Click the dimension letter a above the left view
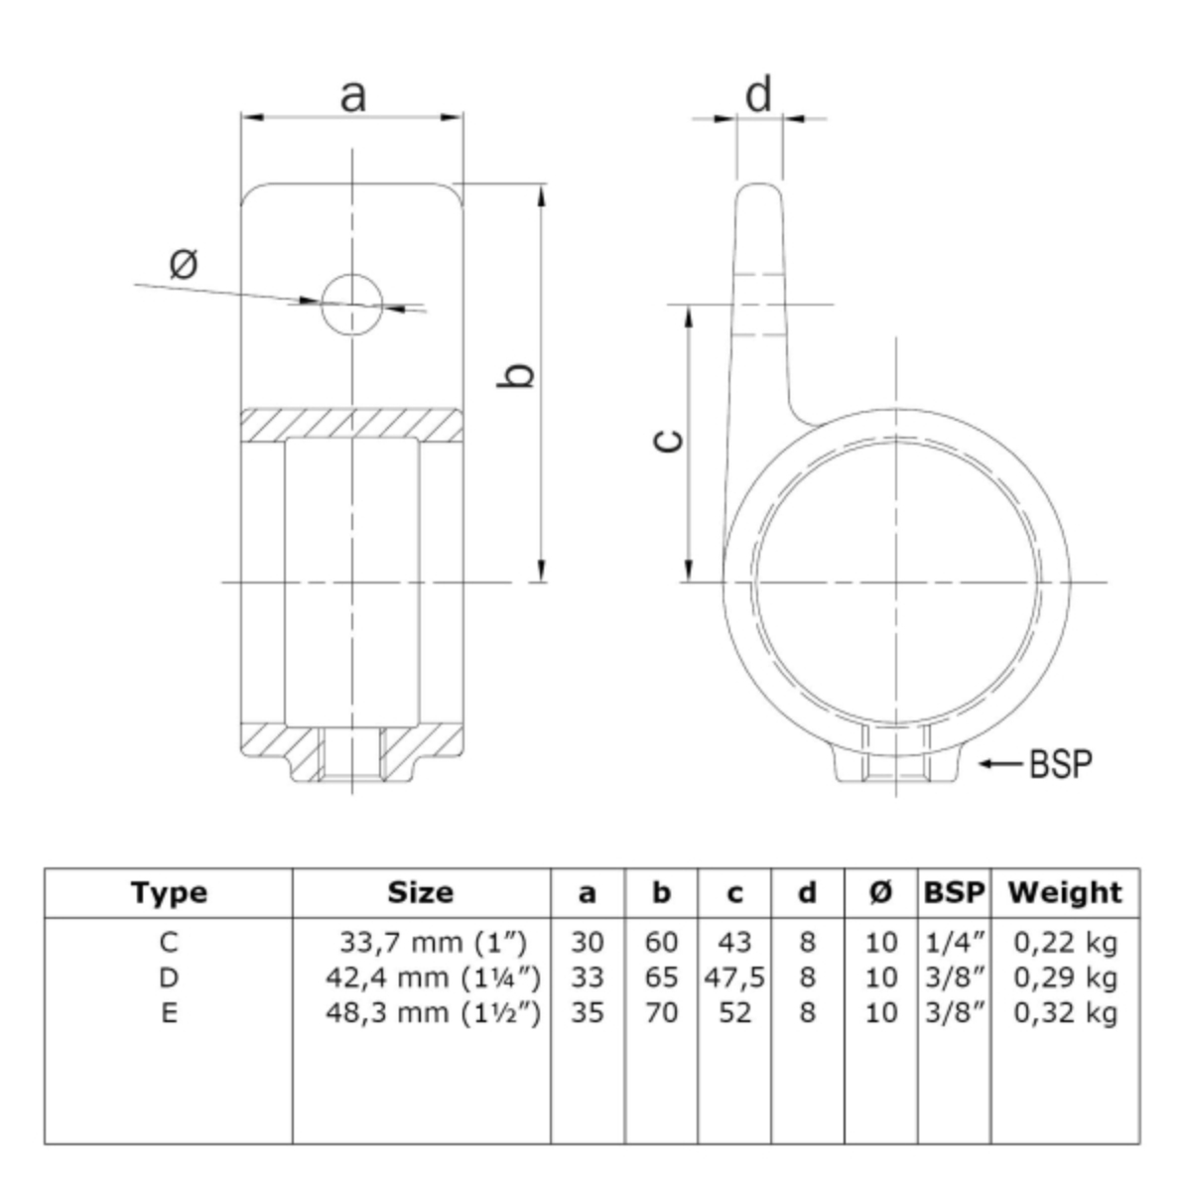tap(353, 96)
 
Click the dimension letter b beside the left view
tap(516, 375)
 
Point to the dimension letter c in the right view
tap(667, 441)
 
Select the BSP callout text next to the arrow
tap(1061, 763)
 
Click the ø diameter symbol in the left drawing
tap(184, 263)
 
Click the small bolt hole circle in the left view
tap(351, 304)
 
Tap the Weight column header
tap(1065, 892)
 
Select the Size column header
tap(420, 892)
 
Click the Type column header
tap(169, 893)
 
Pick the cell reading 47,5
tap(734, 977)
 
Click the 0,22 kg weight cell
tap(1065, 942)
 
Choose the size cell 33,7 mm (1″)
tap(433, 942)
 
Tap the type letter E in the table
tap(169, 1012)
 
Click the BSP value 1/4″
tap(955, 942)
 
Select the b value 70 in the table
tap(661, 1012)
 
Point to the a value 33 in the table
tap(587, 977)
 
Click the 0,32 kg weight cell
tap(1065, 1012)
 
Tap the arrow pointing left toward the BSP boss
tap(1002, 763)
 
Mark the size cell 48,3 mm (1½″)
tap(433, 1012)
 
